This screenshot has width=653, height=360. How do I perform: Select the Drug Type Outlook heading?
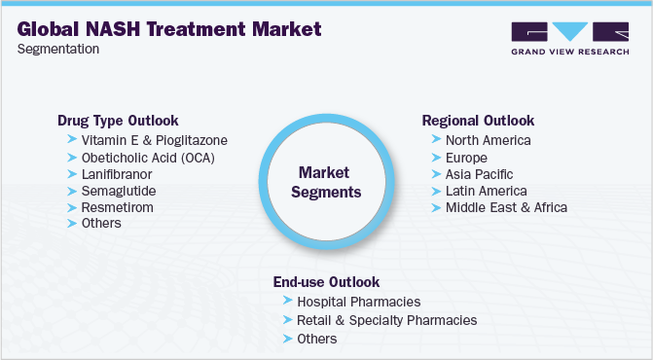click(x=118, y=121)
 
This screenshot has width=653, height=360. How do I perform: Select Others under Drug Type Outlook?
click(x=102, y=223)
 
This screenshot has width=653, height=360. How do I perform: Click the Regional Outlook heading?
click(x=478, y=121)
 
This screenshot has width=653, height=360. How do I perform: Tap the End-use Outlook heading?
click(x=326, y=282)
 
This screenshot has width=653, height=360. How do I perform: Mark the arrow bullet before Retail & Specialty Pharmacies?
click(x=287, y=319)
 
